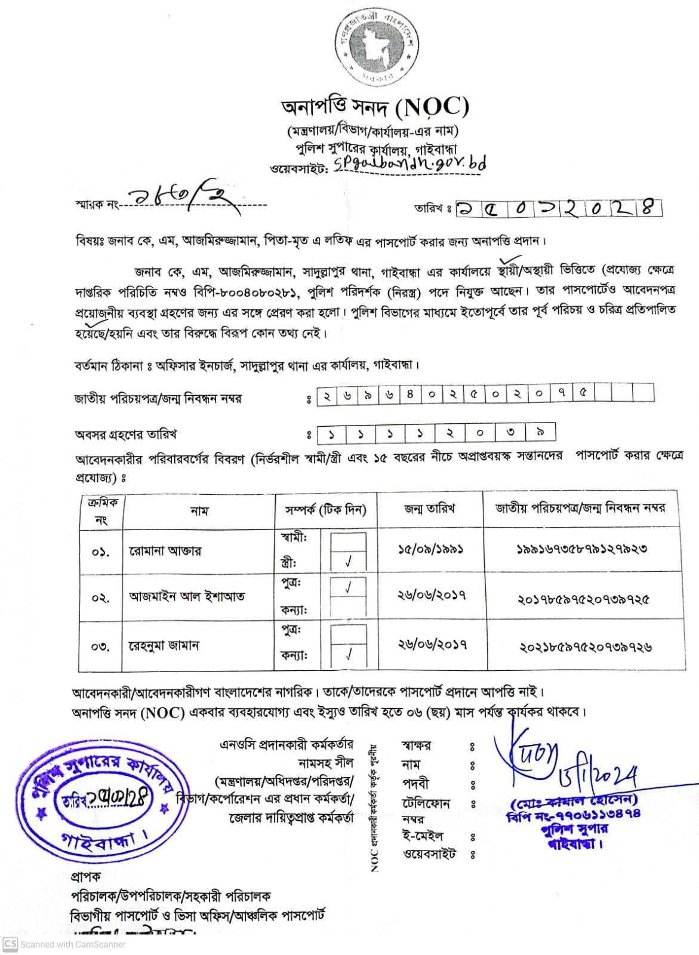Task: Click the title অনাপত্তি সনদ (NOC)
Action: click(x=375, y=108)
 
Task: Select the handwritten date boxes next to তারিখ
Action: click(x=559, y=208)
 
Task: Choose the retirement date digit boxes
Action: click(x=436, y=433)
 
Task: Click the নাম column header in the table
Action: click(x=199, y=511)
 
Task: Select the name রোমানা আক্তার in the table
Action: click(x=165, y=550)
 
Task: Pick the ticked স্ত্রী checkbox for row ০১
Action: click(x=349, y=562)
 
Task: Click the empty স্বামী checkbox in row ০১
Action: click(x=349, y=539)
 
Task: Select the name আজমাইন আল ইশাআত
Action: click(x=186, y=596)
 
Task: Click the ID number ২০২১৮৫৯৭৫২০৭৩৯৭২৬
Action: click(x=586, y=646)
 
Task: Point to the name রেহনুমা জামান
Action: click(x=164, y=646)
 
